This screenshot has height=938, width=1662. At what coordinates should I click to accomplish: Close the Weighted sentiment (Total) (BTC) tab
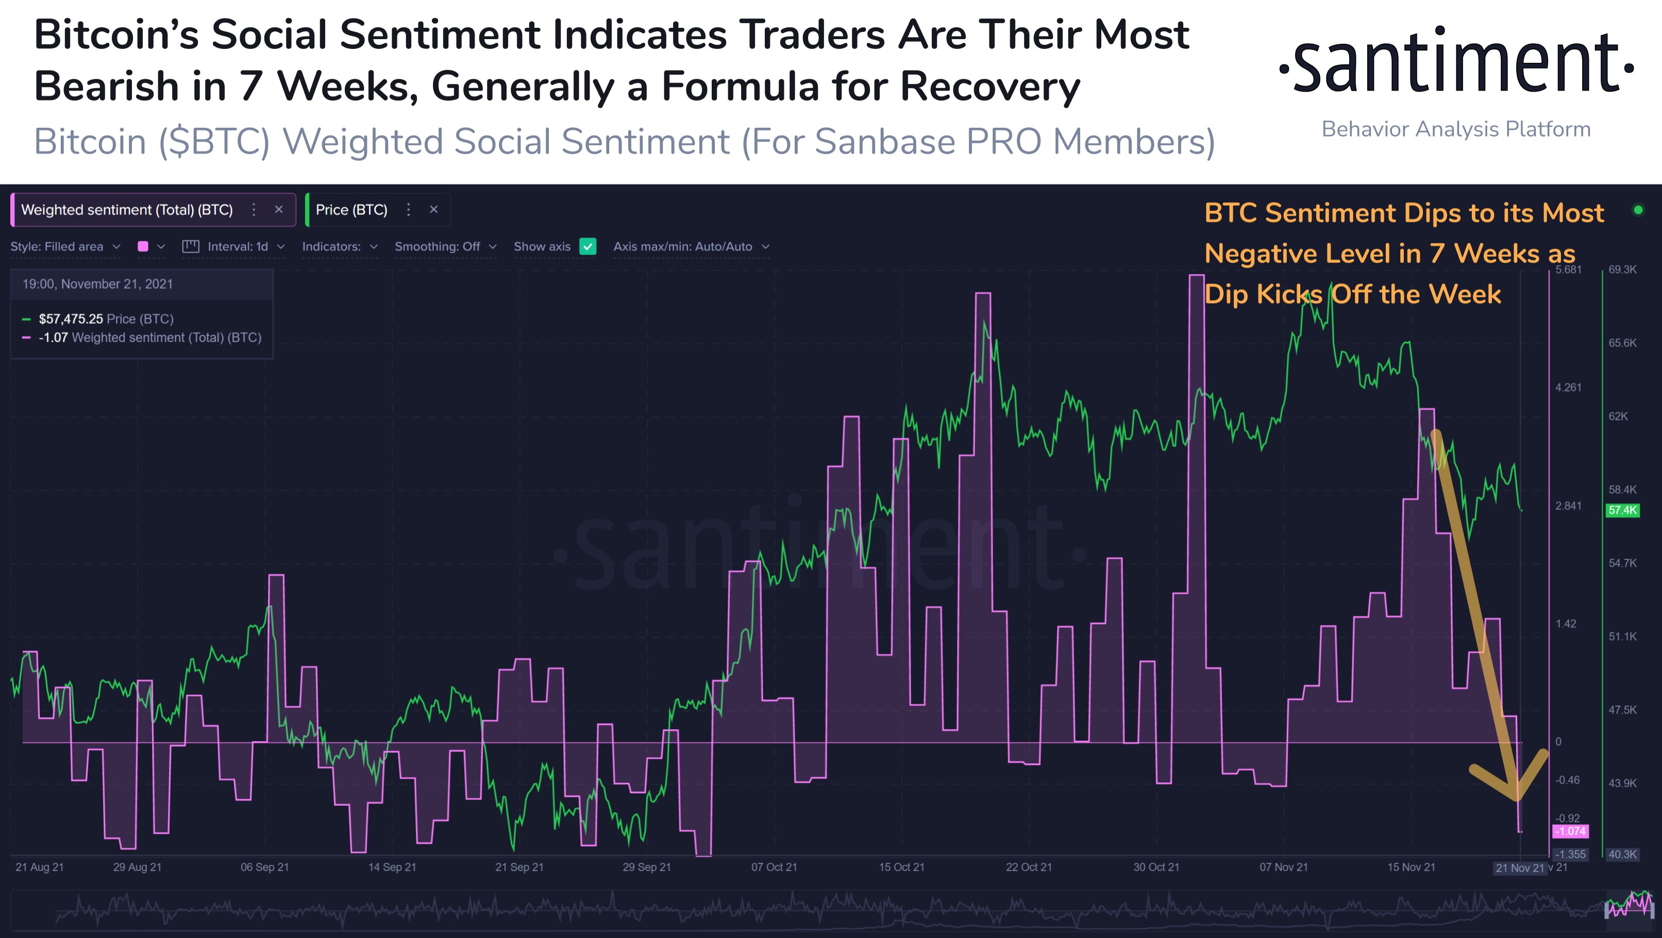279,210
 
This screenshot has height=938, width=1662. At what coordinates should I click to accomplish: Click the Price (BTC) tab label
351,210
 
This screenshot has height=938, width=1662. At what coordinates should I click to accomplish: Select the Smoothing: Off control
445,246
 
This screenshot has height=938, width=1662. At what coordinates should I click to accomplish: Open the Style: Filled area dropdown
65,246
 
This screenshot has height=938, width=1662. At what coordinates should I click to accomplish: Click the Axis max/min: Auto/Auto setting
691,246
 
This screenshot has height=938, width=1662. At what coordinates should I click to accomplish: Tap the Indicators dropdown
340,246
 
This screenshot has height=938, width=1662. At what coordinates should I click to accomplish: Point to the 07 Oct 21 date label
774,867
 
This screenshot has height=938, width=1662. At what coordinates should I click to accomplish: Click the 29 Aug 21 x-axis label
137,867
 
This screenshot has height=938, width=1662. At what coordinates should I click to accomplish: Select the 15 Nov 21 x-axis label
1411,867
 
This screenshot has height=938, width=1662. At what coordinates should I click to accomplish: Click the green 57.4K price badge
1621,510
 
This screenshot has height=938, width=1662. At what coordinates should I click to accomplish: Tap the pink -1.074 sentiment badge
1570,831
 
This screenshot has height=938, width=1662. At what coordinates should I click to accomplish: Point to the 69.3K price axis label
1622,270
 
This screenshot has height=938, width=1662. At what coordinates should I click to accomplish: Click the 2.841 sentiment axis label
1568,506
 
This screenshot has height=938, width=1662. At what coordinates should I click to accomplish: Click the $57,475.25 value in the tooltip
70,319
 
